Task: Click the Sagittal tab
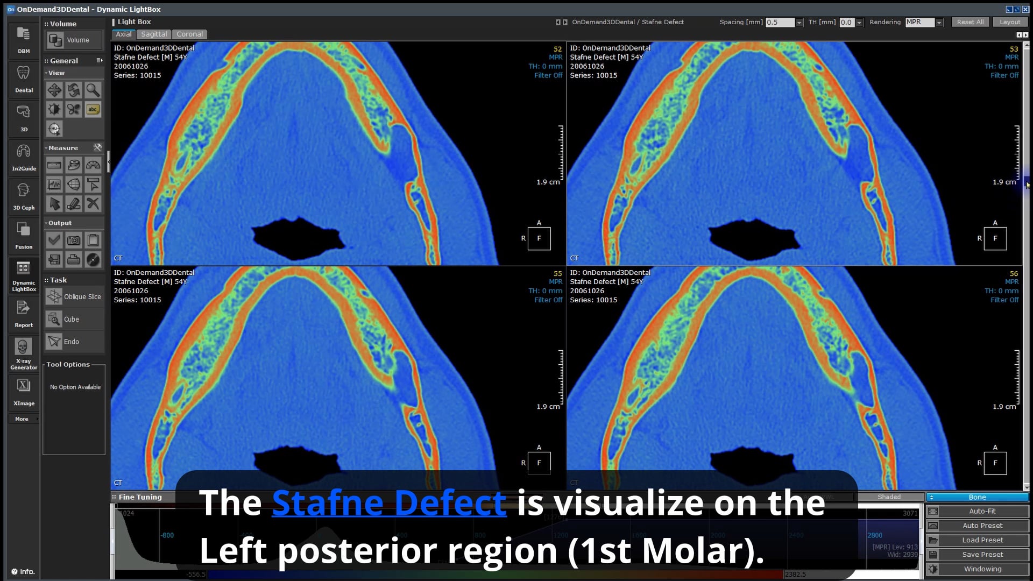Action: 154,34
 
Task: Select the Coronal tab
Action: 189,34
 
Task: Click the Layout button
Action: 1009,22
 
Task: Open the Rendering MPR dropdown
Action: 939,23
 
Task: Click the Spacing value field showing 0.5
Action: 780,23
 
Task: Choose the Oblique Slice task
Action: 74,296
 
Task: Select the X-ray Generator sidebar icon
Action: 24,353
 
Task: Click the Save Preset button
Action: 982,555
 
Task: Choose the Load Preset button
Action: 982,540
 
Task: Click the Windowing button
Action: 982,569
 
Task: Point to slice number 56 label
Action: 1014,273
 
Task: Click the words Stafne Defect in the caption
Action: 389,502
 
